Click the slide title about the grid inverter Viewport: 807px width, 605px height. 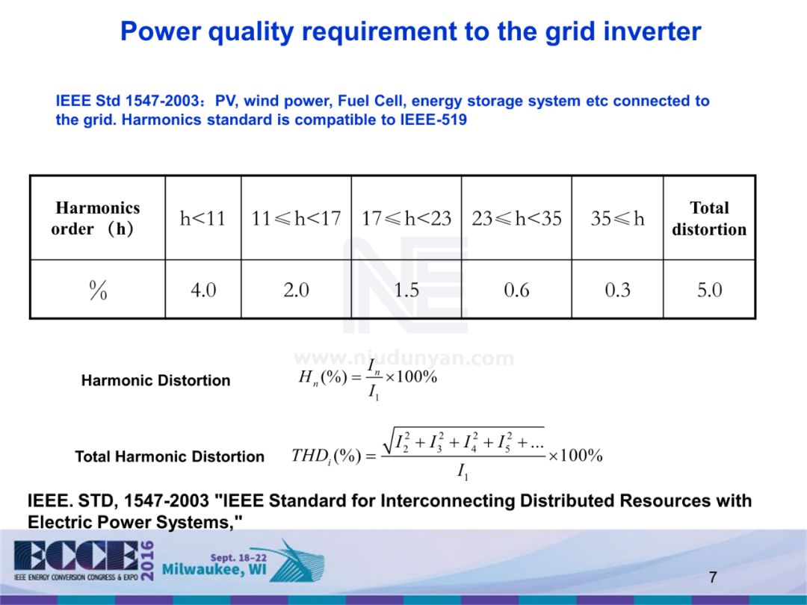410,31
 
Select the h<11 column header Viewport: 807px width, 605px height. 202,218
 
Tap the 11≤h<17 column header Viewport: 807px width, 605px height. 296,218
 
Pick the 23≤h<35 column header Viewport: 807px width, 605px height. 516,218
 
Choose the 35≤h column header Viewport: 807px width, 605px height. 617,218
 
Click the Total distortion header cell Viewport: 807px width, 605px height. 709,218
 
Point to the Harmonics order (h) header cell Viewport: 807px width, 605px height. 97,218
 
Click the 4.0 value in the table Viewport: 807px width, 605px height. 203,290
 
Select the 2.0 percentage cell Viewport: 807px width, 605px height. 296,290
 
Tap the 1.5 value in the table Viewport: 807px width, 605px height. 406,290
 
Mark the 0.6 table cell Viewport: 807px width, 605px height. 517,290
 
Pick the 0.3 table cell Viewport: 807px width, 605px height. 618,290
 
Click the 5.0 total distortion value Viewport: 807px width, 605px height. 710,290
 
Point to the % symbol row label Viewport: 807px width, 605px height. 98,290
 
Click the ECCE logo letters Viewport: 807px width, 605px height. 76,556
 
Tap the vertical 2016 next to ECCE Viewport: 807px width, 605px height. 147,561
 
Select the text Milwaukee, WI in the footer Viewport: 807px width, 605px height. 214,569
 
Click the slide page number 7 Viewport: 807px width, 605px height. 713,577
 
